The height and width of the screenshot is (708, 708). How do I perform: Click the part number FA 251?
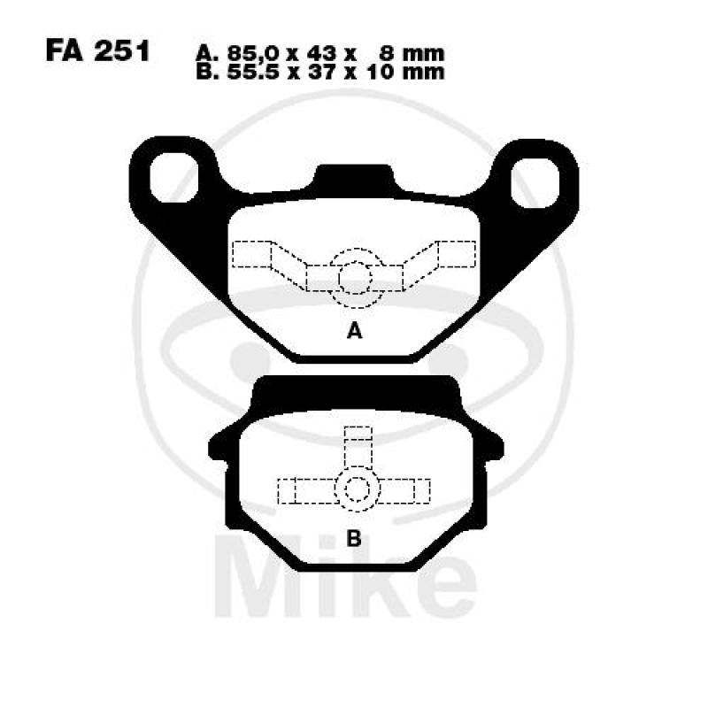(97, 51)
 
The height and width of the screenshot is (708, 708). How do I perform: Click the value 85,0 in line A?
(256, 54)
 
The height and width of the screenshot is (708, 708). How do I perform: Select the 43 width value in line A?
(321, 53)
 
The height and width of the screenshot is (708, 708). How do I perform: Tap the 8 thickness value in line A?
(387, 53)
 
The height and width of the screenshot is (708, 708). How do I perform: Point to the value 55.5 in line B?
(256, 72)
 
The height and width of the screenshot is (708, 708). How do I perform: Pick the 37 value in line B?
(321, 72)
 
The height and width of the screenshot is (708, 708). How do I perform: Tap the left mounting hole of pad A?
(173, 178)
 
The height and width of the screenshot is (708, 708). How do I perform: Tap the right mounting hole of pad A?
(535, 183)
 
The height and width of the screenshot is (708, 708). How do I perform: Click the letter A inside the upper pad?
(355, 331)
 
